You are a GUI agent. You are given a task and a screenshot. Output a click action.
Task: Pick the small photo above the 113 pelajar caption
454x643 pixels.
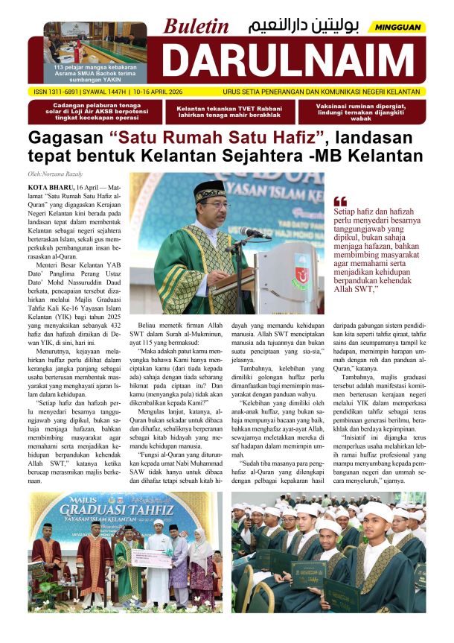click(x=95, y=42)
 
